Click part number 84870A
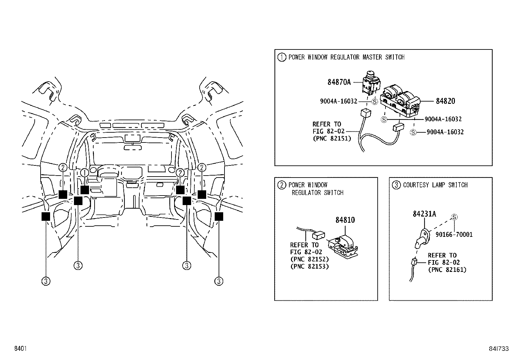coord(339,82)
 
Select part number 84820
coord(445,101)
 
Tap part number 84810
coord(345,220)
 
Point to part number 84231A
coord(424,214)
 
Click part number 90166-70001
coord(454,235)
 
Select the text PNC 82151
coord(332,139)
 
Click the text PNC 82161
coord(447,270)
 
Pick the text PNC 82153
coord(309,266)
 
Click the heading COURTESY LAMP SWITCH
coord(435,185)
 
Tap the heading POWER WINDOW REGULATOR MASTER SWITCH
coord(346,57)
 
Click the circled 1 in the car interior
coord(84,173)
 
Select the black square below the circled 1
coord(85,190)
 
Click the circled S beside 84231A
coord(454,217)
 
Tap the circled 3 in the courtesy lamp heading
coord(396,185)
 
